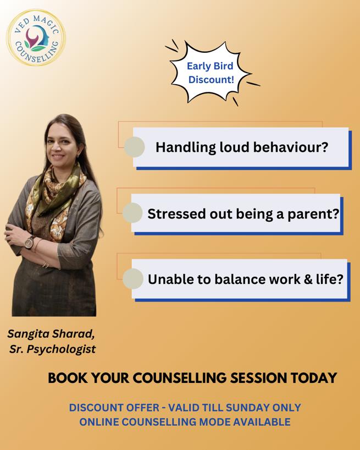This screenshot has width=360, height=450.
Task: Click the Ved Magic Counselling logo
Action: pyautogui.click(x=36, y=37)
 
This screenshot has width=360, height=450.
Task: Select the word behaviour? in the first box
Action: pyautogui.click(x=291, y=147)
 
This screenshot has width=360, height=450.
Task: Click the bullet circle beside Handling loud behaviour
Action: pyautogui.click(x=134, y=147)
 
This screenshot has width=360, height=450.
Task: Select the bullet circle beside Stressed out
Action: pyautogui.click(x=132, y=213)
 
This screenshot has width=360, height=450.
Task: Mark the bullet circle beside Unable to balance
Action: pyautogui.click(x=133, y=279)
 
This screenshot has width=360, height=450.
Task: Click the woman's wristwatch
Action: pyautogui.click(x=29, y=243)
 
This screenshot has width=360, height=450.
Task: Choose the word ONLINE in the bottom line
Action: pyautogui.click(x=99, y=422)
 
